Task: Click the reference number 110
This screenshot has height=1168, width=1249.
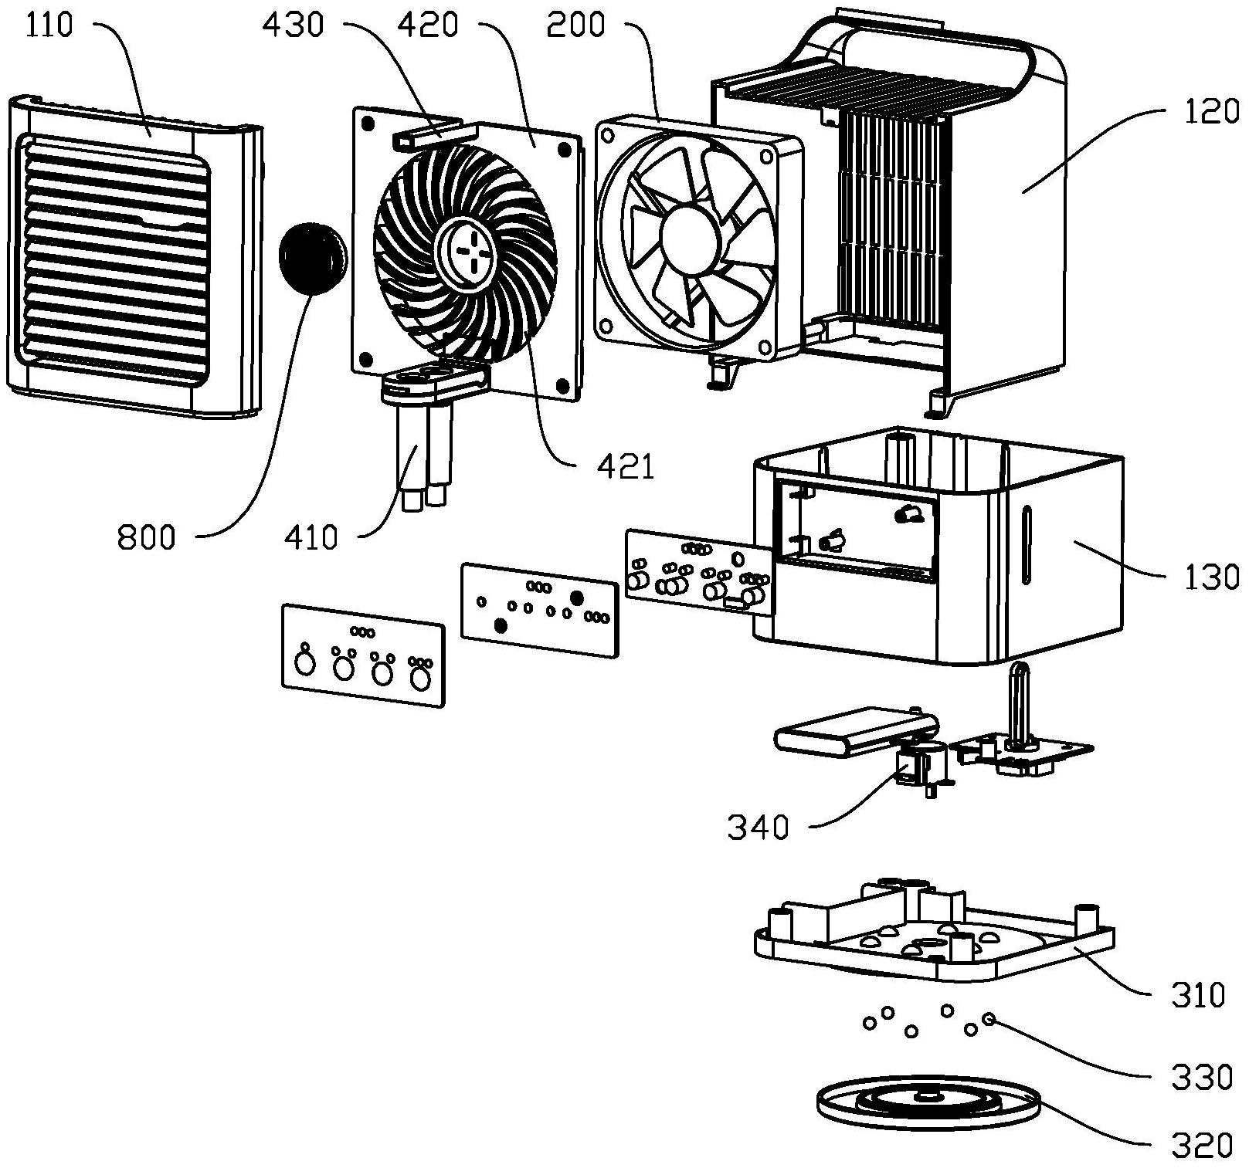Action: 49,25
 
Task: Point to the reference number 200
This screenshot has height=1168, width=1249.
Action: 575,25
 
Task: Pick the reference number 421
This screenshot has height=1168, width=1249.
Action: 626,466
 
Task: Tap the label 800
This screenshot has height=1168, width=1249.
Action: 147,536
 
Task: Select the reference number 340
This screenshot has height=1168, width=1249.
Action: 758,828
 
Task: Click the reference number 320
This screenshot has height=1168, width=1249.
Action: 1201,1146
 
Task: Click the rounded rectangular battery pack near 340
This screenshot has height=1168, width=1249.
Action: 856,732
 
